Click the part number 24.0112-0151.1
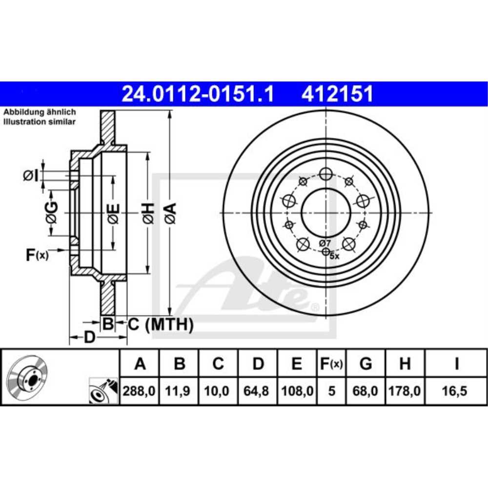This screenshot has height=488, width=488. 198,94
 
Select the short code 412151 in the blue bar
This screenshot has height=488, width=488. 337,94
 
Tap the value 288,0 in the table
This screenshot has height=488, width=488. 140,391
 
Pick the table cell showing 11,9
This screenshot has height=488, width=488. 180,391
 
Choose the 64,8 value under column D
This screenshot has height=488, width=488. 258,391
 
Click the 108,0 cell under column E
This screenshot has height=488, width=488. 297,391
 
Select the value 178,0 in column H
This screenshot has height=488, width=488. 405,391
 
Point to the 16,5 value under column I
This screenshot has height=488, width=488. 456,391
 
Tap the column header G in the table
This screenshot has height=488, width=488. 365,364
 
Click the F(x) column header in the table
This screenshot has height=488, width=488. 331,364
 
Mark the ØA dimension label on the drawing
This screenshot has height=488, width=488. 169,213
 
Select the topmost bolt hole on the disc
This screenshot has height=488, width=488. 325,173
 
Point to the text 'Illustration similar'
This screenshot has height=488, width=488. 40,122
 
